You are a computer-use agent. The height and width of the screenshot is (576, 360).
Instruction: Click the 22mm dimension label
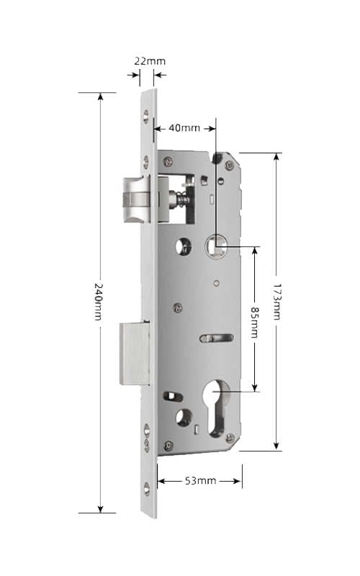150,61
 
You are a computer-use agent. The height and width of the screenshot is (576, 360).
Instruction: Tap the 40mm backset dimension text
184,128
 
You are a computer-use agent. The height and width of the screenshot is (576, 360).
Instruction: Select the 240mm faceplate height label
98,301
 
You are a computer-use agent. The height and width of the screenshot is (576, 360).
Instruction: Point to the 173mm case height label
276,301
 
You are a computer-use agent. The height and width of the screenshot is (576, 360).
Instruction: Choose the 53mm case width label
200,480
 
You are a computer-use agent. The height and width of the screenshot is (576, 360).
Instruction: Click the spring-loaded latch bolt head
137,199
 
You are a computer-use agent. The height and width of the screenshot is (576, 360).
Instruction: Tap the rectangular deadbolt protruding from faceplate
135,354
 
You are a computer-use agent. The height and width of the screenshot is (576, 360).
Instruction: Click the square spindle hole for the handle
215,243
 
